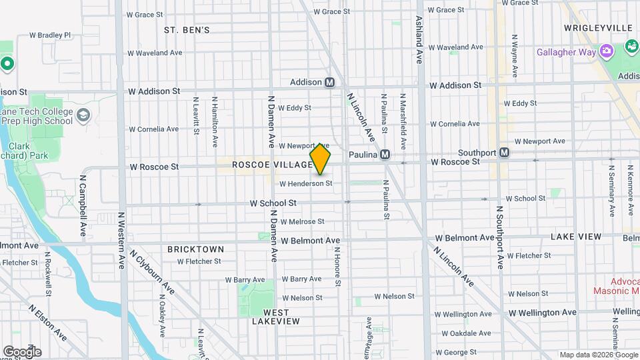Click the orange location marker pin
click(x=320, y=159)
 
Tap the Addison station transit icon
click(x=329, y=83)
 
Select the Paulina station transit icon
click(x=384, y=155)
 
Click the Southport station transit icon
click(x=505, y=153)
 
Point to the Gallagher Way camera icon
click(x=606, y=51)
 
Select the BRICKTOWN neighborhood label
click(x=195, y=249)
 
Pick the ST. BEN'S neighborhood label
click(x=187, y=30)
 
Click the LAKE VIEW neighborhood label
click(x=576, y=237)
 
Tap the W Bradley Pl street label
click(x=49, y=35)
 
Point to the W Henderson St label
click(x=305, y=183)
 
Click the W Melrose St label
click(x=302, y=221)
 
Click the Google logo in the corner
click(x=21, y=352)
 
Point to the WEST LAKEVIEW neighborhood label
click(x=276, y=317)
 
